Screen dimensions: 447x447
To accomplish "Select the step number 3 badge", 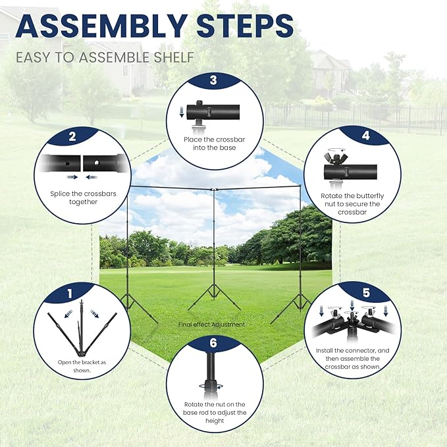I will pos(213,81).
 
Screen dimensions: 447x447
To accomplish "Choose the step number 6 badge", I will pos(213,342).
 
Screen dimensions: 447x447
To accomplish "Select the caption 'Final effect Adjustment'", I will pos(212,325).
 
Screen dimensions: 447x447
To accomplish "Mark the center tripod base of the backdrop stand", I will pos(214,297).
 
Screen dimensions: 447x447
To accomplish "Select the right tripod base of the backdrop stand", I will pos(296,305).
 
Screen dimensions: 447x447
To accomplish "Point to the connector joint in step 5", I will pos(352,319).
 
